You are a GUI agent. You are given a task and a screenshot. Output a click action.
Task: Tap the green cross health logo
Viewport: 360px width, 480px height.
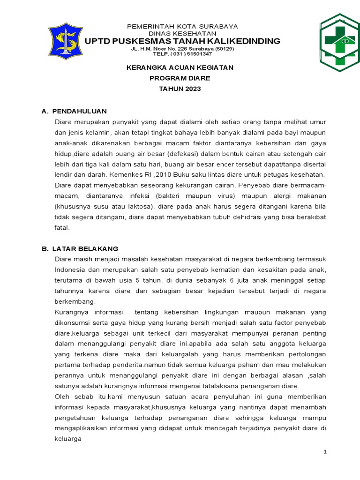click(x=340, y=41)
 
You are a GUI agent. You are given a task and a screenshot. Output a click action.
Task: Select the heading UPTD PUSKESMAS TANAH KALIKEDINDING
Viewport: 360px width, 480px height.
click(x=182, y=41)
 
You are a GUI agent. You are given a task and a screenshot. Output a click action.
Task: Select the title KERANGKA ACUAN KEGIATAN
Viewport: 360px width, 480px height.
click(x=180, y=67)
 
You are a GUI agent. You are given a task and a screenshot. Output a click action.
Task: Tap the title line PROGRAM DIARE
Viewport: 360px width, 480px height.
click(x=180, y=78)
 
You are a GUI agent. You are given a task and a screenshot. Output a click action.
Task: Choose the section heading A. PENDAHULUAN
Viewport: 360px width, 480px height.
click(x=75, y=111)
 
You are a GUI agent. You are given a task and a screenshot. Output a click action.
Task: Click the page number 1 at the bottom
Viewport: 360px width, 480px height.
click(x=324, y=451)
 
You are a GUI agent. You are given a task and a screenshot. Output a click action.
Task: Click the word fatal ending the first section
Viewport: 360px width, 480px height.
click(x=62, y=227)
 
